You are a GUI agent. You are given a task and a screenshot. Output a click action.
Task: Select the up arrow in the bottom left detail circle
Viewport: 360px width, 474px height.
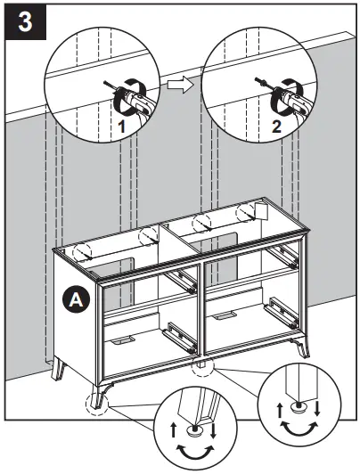[172, 429]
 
